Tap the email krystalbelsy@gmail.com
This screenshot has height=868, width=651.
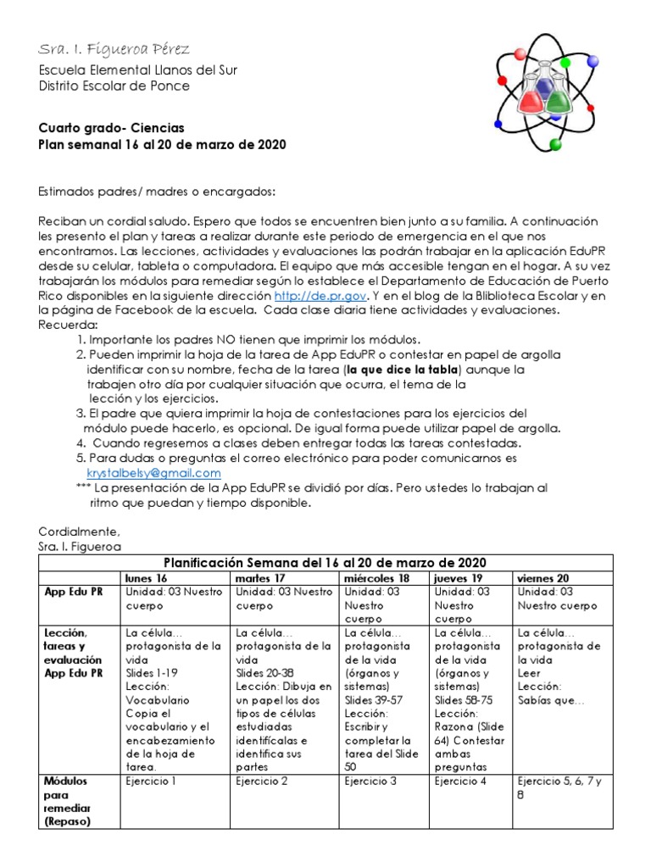153,473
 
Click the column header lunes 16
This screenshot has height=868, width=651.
146,577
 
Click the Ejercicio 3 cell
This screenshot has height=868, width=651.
370,781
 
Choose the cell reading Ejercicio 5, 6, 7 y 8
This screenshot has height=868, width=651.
559,788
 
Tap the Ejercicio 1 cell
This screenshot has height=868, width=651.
151,781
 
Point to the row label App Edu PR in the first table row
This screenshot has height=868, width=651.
74,592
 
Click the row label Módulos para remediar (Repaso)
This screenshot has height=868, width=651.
68,801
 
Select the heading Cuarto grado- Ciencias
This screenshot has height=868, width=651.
111,128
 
